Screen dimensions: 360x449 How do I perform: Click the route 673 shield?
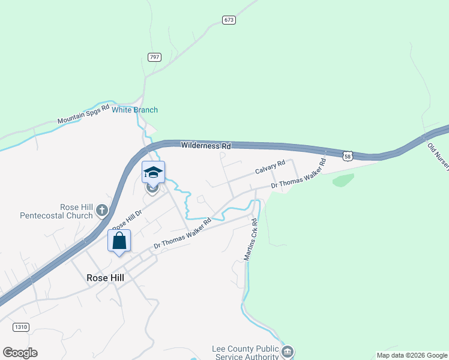pyautogui.click(x=228, y=20)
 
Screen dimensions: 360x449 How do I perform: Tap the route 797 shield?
pyautogui.click(x=154, y=57)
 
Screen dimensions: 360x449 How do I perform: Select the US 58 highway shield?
pyautogui.click(x=348, y=156)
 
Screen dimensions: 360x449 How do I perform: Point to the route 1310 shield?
pyautogui.click(x=20, y=327)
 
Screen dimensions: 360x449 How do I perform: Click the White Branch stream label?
pyautogui.click(x=135, y=110)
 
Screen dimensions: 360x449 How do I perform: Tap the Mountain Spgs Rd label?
pyautogui.click(x=83, y=114)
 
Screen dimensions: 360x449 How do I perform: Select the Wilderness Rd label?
pyautogui.click(x=206, y=146)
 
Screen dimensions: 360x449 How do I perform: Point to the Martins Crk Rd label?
pyautogui.click(x=251, y=239)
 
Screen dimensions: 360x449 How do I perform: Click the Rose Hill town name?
pyautogui.click(x=105, y=278)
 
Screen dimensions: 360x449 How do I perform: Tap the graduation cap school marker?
pyautogui.click(x=153, y=172)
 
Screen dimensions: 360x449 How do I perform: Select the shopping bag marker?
pyautogui.click(x=119, y=241)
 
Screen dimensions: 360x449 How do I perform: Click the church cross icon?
pyautogui.click(x=102, y=211)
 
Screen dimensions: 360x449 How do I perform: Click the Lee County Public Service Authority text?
pyautogui.click(x=246, y=353)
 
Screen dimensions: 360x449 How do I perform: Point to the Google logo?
pyautogui.click(x=20, y=353)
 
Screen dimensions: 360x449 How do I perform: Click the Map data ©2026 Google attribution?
pyautogui.click(x=412, y=355)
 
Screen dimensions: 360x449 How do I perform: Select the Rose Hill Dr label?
pyautogui.click(x=127, y=220)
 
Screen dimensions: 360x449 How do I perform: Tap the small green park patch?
pyautogui.click(x=343, y=179)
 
